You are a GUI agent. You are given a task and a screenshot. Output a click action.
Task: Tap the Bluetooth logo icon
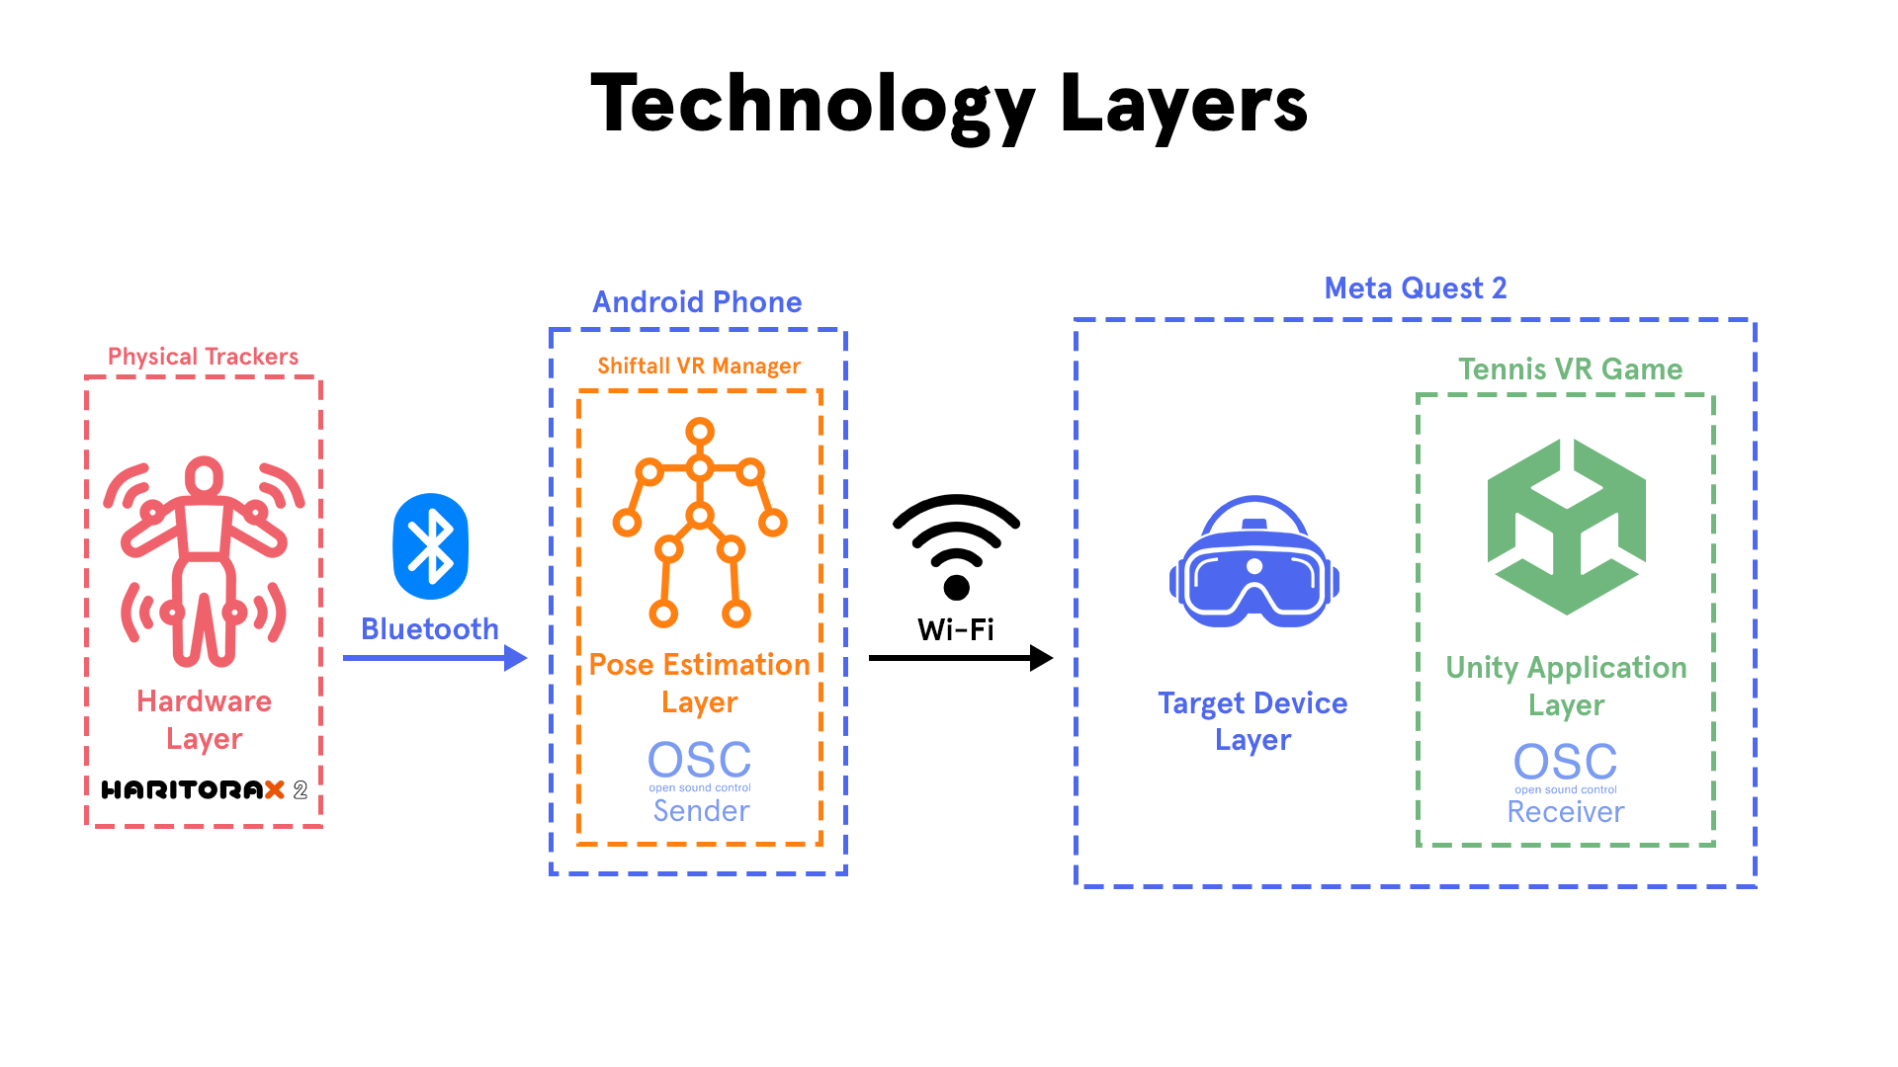pos(430,546)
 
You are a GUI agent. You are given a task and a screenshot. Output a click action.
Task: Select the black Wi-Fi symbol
pos(956,546)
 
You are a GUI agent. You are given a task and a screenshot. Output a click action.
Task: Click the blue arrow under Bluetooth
pos(435,658)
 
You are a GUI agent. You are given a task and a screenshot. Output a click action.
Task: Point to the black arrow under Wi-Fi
pos(961,658)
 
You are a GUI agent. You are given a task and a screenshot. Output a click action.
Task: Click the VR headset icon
pos(1253,561)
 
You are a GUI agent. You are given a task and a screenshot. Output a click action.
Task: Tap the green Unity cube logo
pos(1567,527)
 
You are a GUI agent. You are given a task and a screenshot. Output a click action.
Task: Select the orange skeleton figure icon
pos(700,523)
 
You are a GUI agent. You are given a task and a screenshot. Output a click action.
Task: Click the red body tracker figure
pos(205,561)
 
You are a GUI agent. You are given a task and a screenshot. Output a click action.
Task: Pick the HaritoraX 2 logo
pos(205,789)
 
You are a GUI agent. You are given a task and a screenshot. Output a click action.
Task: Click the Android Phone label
pos(697,301)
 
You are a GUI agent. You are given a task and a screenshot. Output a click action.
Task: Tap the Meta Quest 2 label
pos(1416,287)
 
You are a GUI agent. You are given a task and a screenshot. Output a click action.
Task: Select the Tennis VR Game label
pos(1570,369)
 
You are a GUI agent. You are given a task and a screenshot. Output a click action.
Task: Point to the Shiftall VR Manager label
pos(699,366)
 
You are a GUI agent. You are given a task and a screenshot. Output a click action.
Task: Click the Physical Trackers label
pos(203,356)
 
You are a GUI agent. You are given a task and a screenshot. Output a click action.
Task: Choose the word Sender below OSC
pos(702,811)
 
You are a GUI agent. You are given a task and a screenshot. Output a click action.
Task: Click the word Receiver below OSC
pos(1566,812)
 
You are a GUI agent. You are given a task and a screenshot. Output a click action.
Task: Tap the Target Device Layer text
pos(1252,721)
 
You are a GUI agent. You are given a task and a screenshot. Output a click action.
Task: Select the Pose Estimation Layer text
pos(700,683)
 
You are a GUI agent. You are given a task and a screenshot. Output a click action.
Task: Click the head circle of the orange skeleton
pos(700,432)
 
